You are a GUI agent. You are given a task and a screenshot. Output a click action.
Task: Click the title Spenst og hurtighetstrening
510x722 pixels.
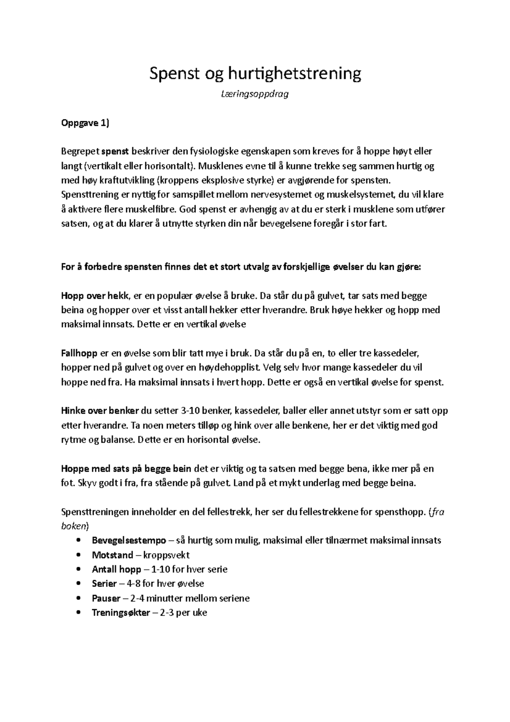click(x=255, y=74)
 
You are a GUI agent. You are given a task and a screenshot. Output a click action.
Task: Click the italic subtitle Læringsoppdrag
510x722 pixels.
click(x=255, y=94)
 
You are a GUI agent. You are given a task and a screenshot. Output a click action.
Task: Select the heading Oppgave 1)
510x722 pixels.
click(x=85, y=123)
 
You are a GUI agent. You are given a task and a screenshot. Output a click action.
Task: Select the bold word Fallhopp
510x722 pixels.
click(x=79, y=353)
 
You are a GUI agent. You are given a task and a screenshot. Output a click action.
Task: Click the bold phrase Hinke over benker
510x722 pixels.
click(x=100, y=411)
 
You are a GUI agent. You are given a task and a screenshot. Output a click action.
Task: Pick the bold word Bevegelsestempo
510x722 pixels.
click(x=129, y=540)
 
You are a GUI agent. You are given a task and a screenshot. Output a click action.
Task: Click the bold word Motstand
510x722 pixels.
click(x=112, y=555)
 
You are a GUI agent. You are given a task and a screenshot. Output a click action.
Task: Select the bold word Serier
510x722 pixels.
click(x=104, y=584)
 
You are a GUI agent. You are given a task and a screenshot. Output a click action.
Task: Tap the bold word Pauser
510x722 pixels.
click(x=106, y=598)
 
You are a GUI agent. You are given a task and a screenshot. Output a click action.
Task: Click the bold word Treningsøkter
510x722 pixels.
click(x=121, y=613)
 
